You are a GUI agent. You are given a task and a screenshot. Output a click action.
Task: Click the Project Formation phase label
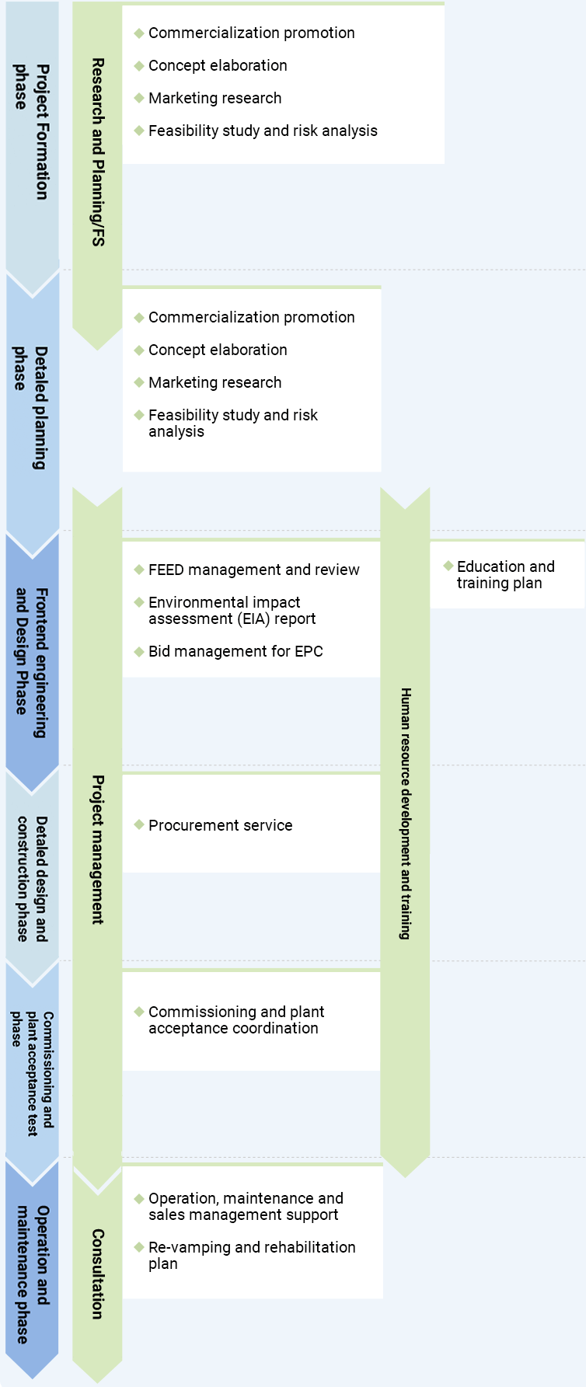click(x=32, y=131)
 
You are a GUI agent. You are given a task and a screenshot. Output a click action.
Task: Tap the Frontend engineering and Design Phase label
click(x=32, y=662)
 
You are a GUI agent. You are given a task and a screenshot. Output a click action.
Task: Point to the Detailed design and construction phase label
click(x=32, y=878)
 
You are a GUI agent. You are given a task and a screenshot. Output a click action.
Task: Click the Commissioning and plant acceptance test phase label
click(x=32, y=1073)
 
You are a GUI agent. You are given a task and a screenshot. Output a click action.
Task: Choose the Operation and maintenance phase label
click(x=32, y=1274)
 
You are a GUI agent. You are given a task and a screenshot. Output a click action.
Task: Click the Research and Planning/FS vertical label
click(x=97, y=152)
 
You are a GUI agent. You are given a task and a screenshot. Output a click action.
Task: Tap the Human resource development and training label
click(x=405, y=813)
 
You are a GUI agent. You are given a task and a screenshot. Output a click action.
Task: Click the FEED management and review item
click(x=253, y=570)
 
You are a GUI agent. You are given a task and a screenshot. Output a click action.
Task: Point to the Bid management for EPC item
click(x=235, y=652)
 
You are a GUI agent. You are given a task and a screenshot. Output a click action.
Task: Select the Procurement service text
click(x=220, y=826)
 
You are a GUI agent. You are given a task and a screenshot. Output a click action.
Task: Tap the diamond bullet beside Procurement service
click(x=139, y=824)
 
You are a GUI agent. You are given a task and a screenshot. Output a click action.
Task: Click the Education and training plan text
click(x=505, y=575)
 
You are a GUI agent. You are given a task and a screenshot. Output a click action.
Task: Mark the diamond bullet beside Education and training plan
click(x=448, y=566)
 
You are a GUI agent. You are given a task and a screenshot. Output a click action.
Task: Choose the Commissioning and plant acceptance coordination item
click(x=235, y=1020)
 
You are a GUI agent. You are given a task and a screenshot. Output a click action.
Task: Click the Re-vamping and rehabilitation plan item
click(x=251, y=1255)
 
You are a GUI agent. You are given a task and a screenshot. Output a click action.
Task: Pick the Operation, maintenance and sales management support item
click(x=245, y=1207)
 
